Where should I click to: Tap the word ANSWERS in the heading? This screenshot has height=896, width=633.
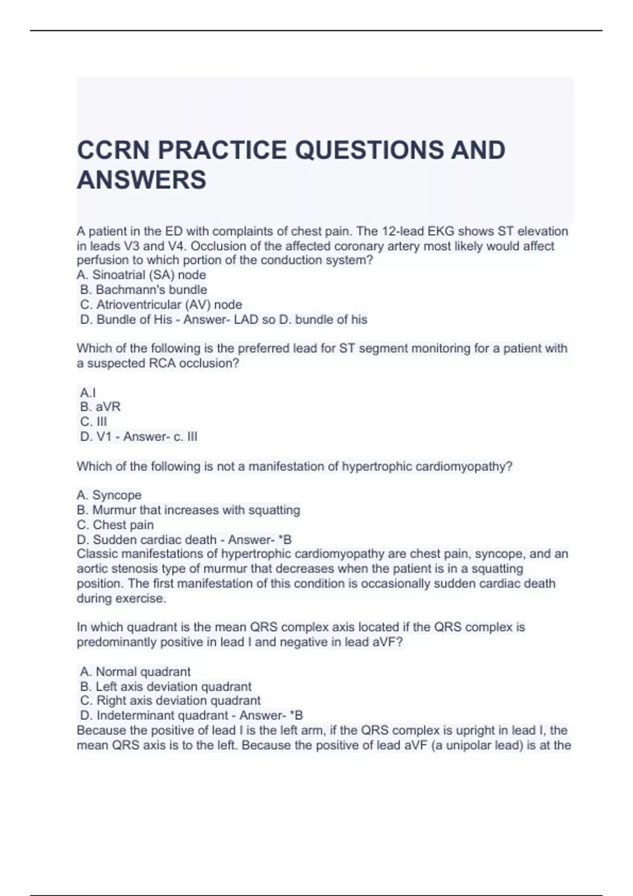(x=141, y=180)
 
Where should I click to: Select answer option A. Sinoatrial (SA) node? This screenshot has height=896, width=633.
(x=141, y=275)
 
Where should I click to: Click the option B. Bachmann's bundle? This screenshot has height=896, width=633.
(x=143, y=290)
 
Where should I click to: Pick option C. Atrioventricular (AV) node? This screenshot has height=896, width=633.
(x=161, y=305)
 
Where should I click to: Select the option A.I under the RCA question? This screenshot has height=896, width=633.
(x=88, y=393)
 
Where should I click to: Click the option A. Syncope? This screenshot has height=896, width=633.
(x=109, y=495)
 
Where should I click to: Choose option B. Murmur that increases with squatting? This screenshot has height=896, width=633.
(x=188, y=510)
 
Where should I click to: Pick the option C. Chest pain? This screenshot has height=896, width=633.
(x=116, y=525)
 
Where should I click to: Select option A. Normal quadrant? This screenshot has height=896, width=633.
(x=135, y=672)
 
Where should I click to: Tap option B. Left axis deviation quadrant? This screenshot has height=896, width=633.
(x=166, y=687)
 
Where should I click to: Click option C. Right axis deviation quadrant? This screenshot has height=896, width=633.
(x=170, y=701)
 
